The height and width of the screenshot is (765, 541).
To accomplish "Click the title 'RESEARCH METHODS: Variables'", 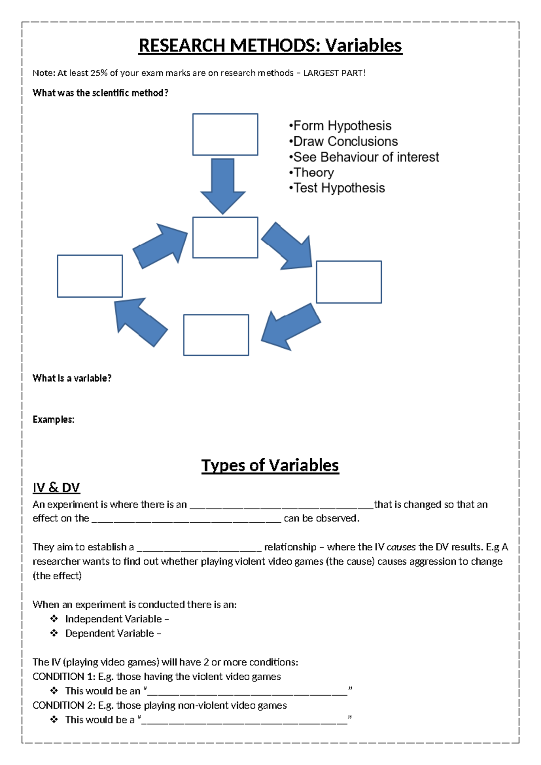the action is (x=270, y=46).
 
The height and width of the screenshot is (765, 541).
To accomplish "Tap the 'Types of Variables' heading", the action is (x=270, y=465).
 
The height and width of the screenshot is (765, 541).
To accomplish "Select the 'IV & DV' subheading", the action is (x=56, y=488).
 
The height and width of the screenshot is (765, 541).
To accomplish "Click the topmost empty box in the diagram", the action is (x=225, y=134).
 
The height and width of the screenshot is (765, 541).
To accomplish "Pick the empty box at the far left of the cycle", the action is (x=90, y=276).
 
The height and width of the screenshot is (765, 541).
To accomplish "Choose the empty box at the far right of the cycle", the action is (x=348, y=282).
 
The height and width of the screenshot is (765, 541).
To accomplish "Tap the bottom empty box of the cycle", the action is (x=216, y=335).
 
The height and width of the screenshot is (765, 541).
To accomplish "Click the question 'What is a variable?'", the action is (x=72, y=378).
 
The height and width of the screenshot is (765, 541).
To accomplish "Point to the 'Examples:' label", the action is (x=53, y=419).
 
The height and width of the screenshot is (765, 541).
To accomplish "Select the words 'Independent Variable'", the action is (x=113, y=619).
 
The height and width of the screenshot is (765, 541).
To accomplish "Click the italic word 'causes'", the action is (x=401, y=547).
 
